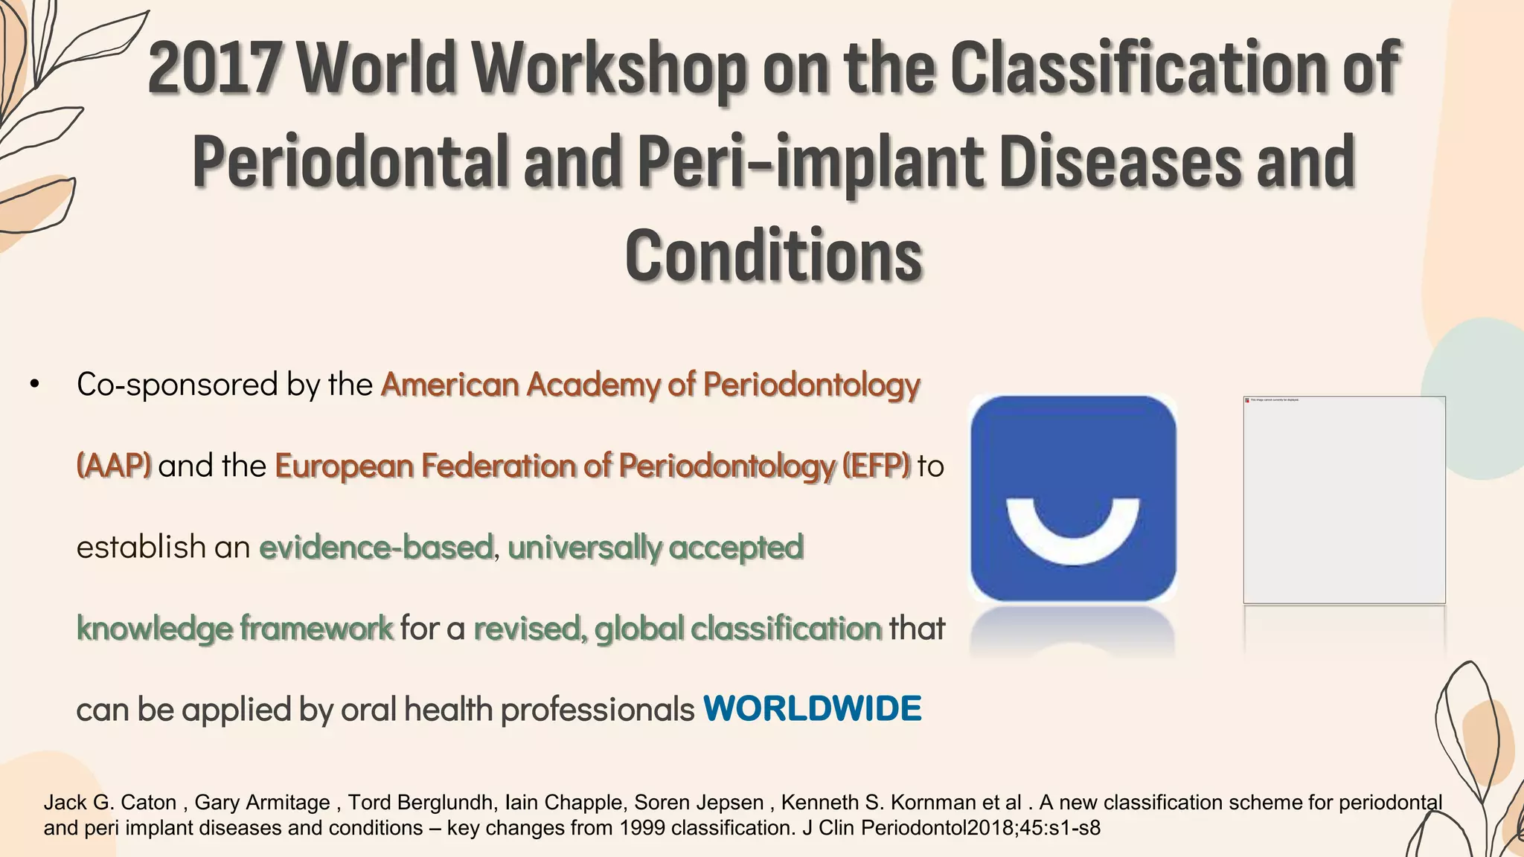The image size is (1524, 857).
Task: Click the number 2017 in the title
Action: click(x=216, y=68)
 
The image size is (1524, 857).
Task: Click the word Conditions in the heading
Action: click(x=774, y=255)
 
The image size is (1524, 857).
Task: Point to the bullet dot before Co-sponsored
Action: click(x=34, y=385)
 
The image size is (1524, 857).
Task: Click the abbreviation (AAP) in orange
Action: click(x=114, y=466)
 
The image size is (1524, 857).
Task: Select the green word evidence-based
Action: click(x=376, y=547)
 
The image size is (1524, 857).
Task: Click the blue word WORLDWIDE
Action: click(x=812, y=709)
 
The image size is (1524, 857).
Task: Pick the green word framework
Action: click(x=316, y=628)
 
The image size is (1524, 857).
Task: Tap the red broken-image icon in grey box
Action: click(x=1247, y=400)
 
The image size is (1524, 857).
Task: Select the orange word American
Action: click(x=449, y=385)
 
